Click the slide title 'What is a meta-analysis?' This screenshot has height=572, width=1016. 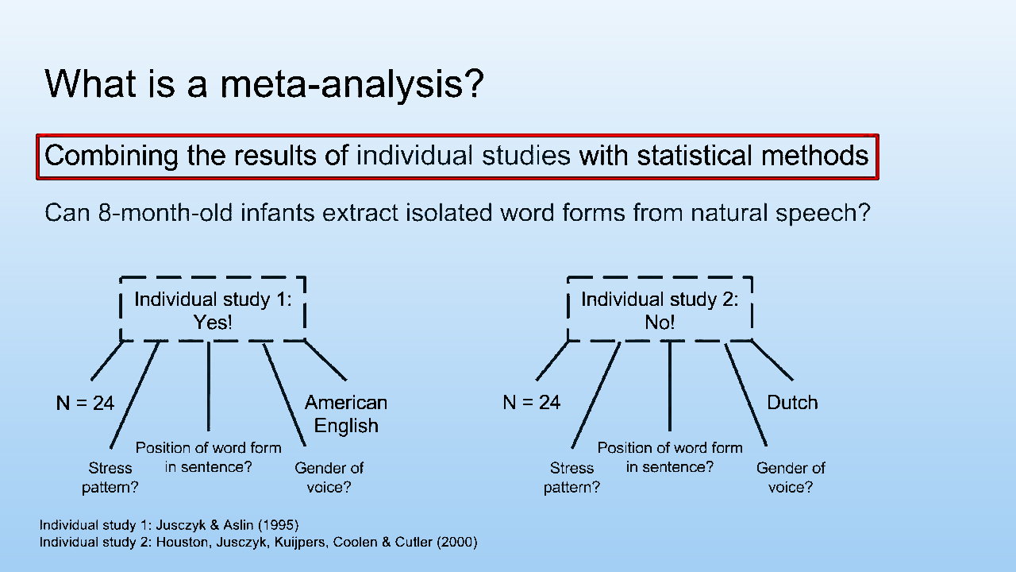tap(264, 83)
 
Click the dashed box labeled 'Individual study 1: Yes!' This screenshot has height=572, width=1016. tap(213, 310)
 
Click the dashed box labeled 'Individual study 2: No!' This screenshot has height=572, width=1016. tap(660, 310)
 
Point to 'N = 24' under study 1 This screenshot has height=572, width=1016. tap(85, 403)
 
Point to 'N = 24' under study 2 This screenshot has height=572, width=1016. tap(531, 403)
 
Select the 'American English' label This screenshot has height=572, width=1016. tap(346, 414)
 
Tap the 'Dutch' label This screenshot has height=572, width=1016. tap(792, 403)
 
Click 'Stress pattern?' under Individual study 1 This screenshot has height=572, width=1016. tap(110, 477)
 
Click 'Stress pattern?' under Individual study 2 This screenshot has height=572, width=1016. tap(571, 477)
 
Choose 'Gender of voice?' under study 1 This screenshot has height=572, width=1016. tap(329, 477)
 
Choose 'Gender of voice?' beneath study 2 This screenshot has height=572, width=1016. tap(791, 477)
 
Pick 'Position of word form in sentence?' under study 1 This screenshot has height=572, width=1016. tap(208, 458)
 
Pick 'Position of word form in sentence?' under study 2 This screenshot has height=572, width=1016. tap(670, 458)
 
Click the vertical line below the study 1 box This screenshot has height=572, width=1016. tap(209, 385)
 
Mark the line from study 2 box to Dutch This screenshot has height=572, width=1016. tap(772, 360)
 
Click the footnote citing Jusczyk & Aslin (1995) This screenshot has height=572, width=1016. tap(169, 525)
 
